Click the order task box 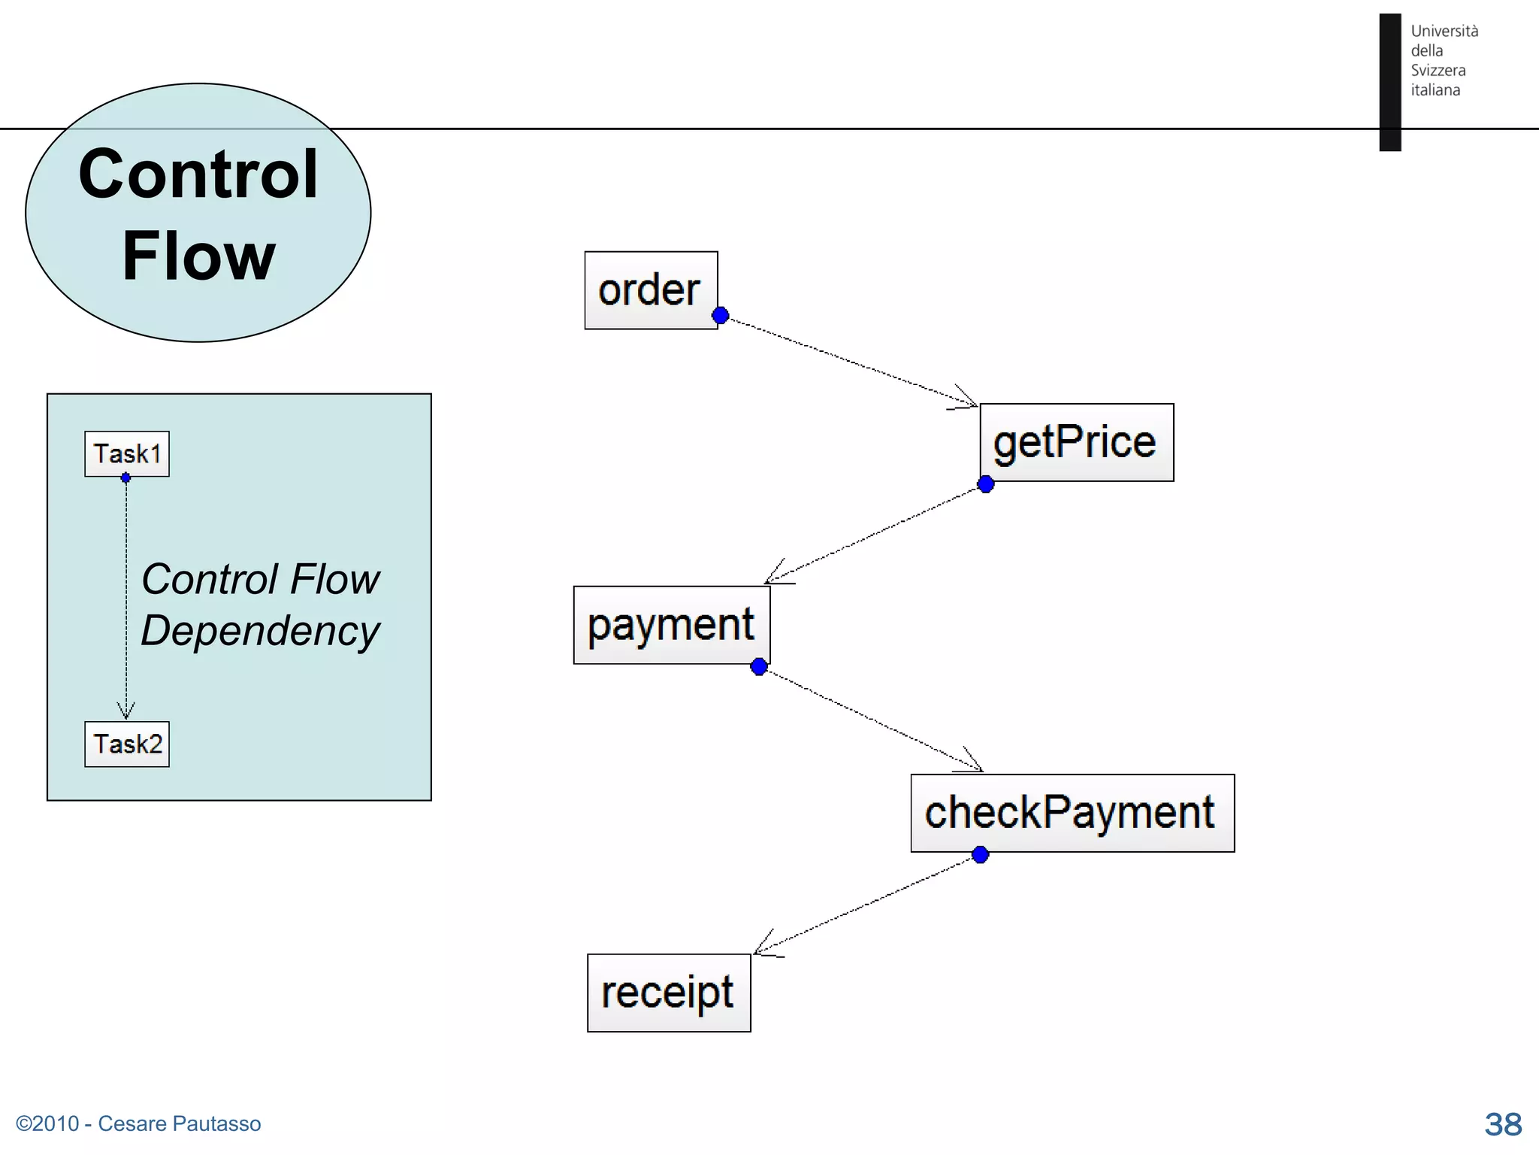click(x=651, y=290)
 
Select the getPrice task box click(x=1076, y=442)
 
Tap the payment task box click(x=671, y=625)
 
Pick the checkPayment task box click(x=1072, y=813)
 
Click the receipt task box click(x=668, y=993)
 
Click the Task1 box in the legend click(x=127, y=453)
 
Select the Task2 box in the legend click(x=127, y=744)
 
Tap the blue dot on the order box click(x=720, y=316)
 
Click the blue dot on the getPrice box click(x=986, y=485)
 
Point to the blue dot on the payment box click(x=759, y=666)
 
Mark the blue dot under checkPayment click(x=980, y=855)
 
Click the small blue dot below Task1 click(x=125, y=477)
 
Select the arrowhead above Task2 click(x=126, y=711)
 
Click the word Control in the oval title click(x=198, y=174)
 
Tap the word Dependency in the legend click(x=260, y=630)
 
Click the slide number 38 click(x=1502, y=1124)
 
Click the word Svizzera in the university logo click(x=1438, y=70)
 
